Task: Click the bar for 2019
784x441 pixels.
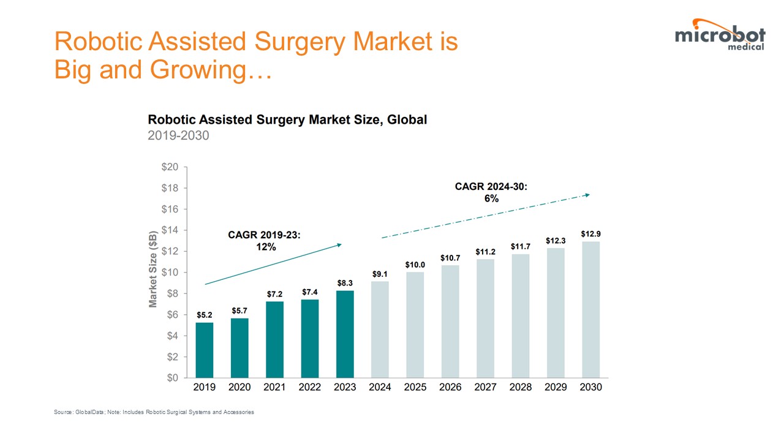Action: [205, 350]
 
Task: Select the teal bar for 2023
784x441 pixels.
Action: [345, 334]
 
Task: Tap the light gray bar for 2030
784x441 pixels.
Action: [591, 309]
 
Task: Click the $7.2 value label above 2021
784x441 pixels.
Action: [275, 295]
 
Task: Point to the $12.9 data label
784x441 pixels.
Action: [591, 235]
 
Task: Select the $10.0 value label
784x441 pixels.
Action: [415, 265]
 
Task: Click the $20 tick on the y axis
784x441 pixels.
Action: [170, 167]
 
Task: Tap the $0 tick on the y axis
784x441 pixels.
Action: [172, 378]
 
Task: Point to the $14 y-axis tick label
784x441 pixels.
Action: [170, 230]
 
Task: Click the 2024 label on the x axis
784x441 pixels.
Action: [380, 387]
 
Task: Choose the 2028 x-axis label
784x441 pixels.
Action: [521, 387]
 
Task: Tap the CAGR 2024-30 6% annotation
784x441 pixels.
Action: [491, 192]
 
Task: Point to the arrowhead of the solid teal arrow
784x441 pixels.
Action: [339, 245]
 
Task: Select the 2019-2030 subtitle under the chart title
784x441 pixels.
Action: [178, 135]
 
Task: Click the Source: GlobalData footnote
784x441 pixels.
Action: [154, 412]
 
